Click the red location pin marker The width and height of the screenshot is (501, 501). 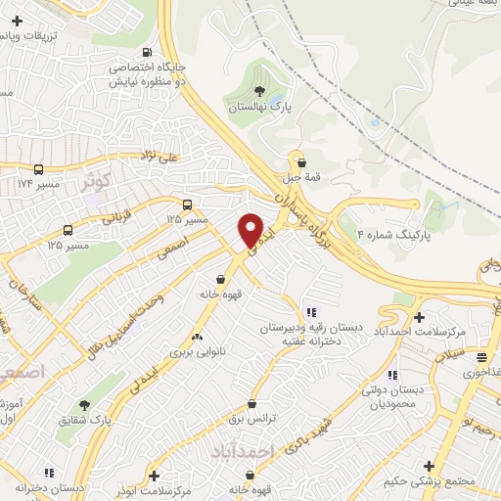click(x=251, y=231)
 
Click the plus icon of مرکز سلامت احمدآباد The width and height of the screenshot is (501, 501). click(x=419, y=317)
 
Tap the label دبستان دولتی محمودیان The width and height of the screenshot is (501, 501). click(x=392, y=396)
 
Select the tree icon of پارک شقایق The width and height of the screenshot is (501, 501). click(x=84, y=405)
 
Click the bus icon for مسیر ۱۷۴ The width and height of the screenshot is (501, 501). click(x=38, y=168)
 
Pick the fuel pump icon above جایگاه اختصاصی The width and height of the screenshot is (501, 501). click(x=146, y=52)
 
